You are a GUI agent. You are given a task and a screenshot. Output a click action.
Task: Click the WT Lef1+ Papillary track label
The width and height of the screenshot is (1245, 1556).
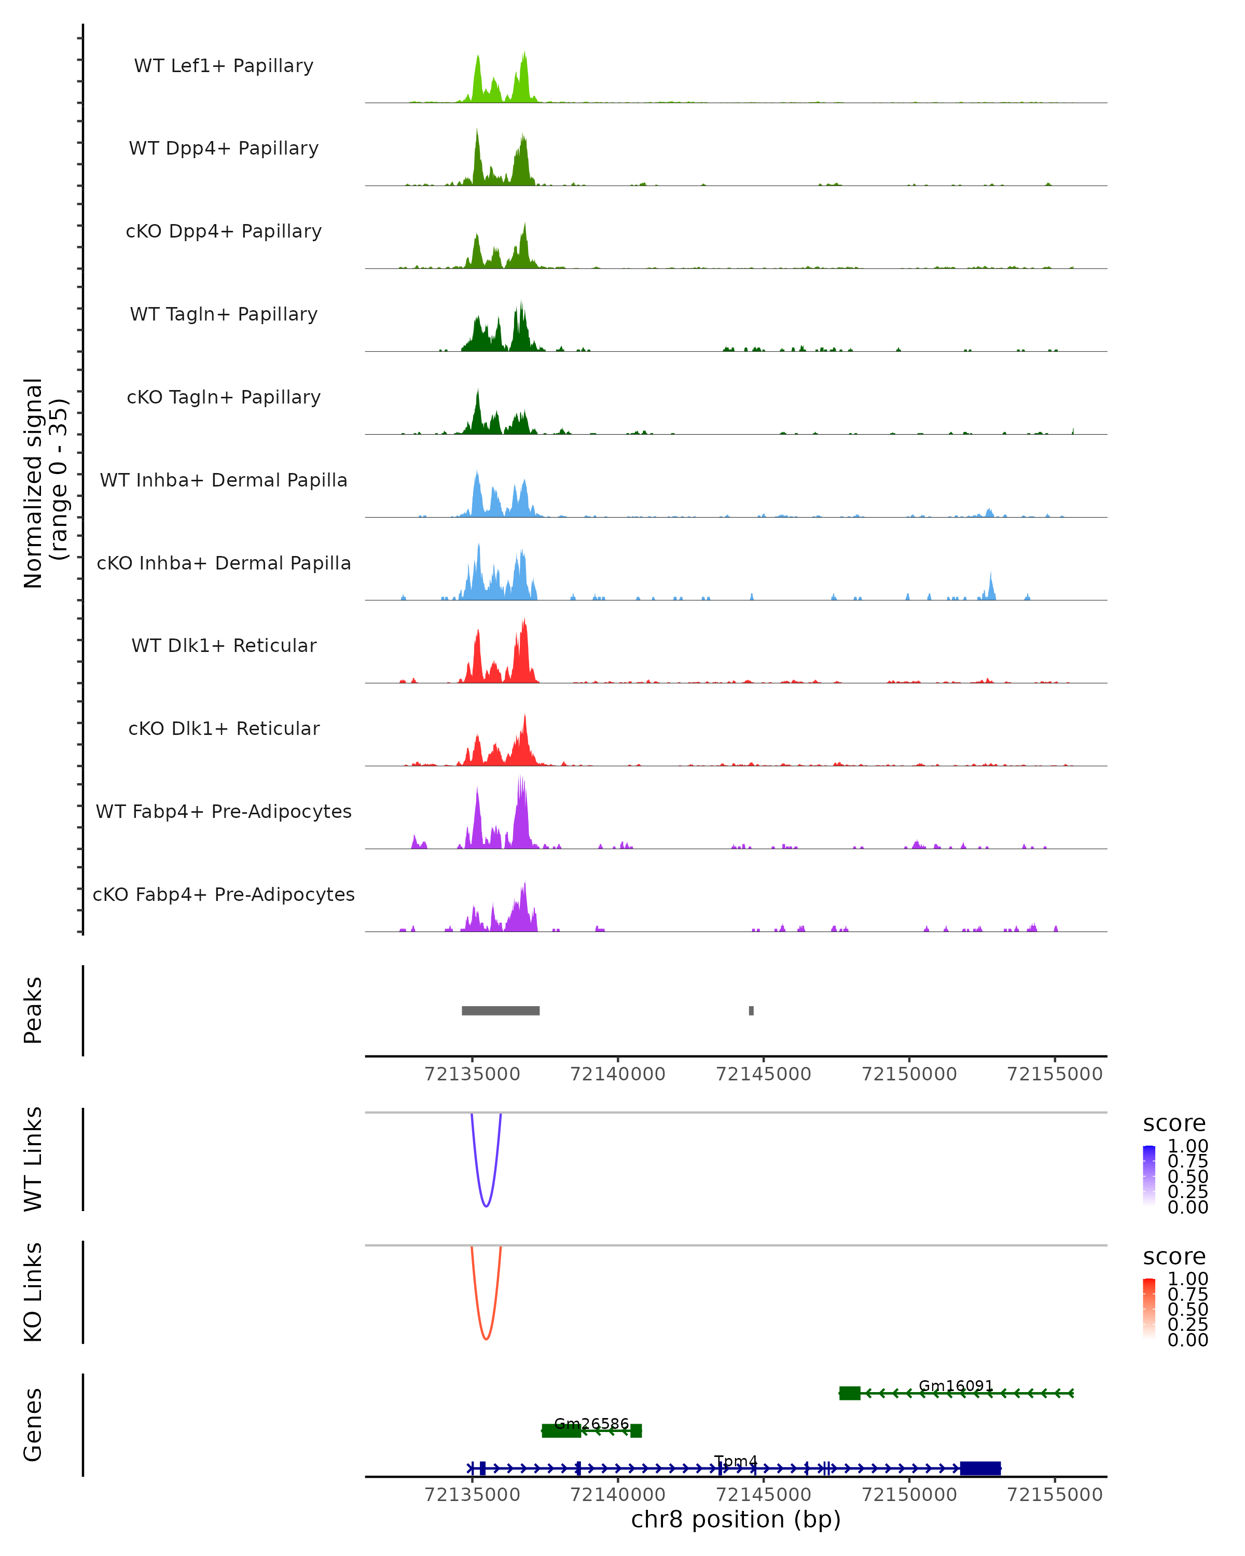224,66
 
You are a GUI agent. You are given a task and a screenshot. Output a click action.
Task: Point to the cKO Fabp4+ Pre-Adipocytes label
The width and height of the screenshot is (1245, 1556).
224,894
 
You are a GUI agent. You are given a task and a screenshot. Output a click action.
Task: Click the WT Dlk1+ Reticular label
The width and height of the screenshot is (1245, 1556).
224,645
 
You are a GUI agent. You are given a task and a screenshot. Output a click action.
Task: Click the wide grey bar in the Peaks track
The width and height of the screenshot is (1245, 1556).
500,1010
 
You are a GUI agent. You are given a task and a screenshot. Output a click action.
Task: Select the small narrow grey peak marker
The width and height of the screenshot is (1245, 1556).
751,1010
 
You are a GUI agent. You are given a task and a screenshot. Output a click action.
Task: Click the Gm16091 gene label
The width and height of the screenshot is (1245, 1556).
956,1386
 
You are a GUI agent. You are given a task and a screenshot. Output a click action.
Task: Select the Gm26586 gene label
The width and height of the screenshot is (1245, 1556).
591,1424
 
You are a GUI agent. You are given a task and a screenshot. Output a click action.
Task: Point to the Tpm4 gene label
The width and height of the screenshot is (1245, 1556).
736,1462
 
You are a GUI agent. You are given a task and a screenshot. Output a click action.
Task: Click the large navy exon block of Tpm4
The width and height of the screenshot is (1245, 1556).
980,1469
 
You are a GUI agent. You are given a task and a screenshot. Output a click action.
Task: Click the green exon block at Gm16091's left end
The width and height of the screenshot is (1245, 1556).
850,1393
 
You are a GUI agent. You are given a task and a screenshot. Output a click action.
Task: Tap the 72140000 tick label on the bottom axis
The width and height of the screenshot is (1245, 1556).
618,1495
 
